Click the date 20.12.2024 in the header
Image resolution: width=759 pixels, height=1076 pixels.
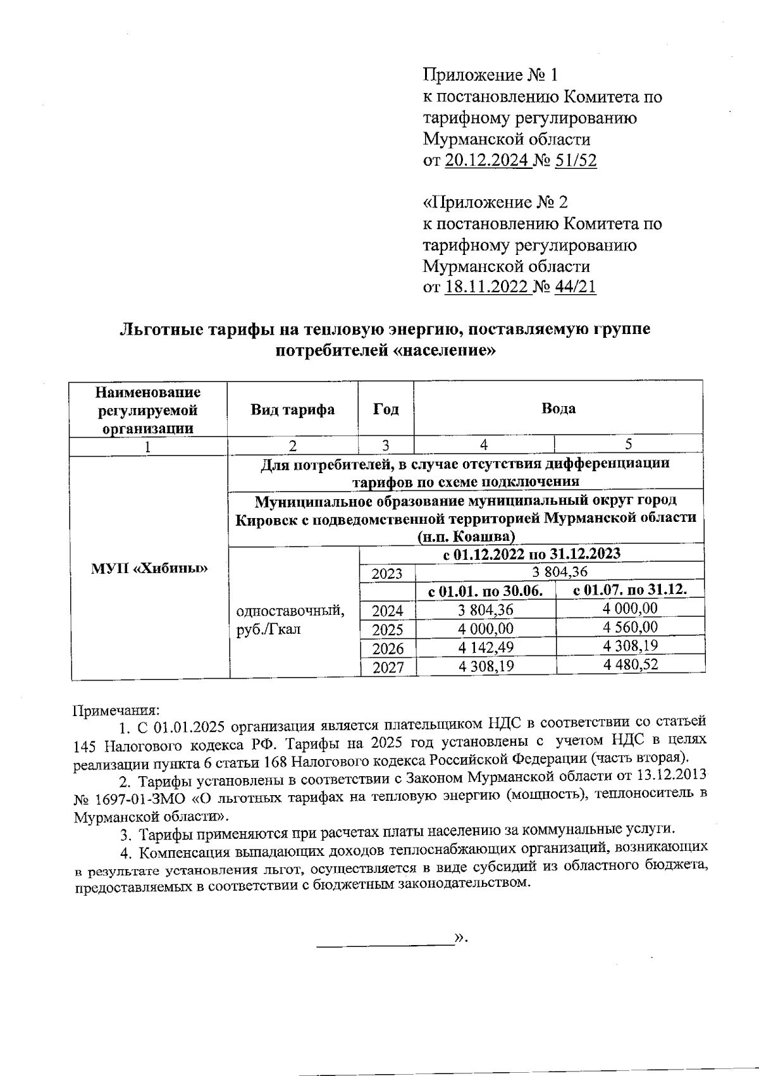coord(487,161)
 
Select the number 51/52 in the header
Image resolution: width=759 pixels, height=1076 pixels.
coord(575,161)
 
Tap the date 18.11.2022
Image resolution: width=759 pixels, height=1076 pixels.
coord(487,287)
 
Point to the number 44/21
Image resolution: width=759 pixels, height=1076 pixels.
coord(575,287)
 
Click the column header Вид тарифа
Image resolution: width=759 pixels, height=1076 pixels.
coord(292,409)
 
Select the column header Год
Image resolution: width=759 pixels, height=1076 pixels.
coord(385,409)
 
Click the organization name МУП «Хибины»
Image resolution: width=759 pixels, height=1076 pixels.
coord(150,568)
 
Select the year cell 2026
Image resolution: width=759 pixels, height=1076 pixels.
coord(387,648)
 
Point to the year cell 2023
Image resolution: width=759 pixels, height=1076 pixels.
coord(387,574)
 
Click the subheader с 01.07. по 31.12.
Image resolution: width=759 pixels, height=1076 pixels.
coord(630,590)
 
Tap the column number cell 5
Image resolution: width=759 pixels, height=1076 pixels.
coord(628,444)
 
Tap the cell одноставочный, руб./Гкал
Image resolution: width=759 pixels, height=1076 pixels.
coord(290,620)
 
